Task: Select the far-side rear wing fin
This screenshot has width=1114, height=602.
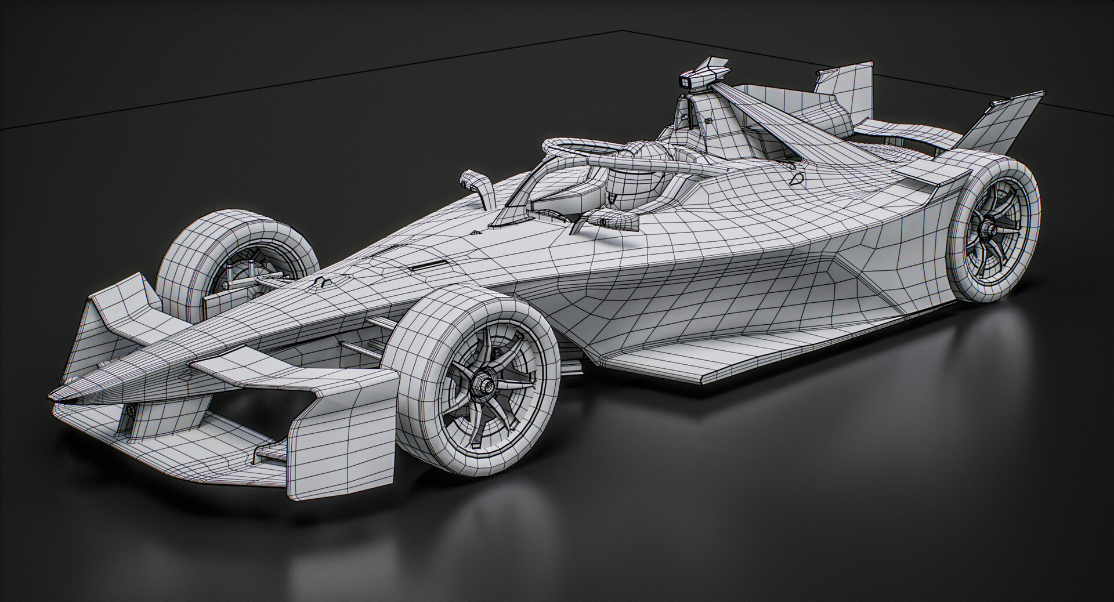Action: [x=847, y=81]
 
